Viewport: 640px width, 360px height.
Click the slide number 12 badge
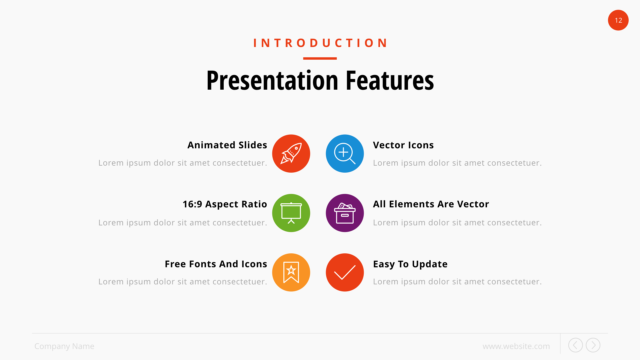coord(618,20)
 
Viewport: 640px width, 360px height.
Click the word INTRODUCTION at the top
coord(320,43)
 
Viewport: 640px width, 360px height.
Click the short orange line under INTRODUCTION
coord(320,58)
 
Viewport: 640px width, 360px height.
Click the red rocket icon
coord(291,154)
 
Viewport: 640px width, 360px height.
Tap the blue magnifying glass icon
coord(345,154)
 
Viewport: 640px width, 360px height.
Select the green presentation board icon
coord(291,213)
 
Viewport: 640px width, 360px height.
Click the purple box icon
coord(345,213)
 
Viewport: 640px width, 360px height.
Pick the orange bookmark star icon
coord(291,272)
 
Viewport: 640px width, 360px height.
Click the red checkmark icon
coord(345,272)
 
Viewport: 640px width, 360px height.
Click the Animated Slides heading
coord(227,145)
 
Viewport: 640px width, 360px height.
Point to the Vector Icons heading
coord(403,145)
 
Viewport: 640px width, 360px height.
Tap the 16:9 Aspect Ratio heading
coord(225,204)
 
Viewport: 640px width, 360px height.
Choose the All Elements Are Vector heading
coord(431,204)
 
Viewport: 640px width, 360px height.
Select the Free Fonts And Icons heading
coord(216,264)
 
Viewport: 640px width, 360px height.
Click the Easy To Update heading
coord(410,264)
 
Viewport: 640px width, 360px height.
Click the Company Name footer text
coord(64,346)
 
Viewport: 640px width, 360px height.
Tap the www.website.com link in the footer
coord(516,346)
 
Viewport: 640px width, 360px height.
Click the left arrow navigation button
coord(575,345)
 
